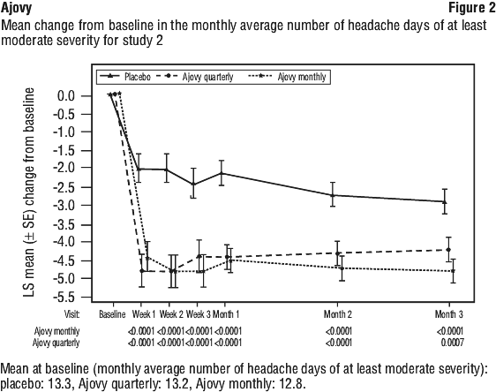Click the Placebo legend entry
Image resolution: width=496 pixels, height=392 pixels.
(x=125, y=77)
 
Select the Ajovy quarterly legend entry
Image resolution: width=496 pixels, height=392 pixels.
(x=195, y=77)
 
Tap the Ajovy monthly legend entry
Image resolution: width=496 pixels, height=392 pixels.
(x=287, y=77)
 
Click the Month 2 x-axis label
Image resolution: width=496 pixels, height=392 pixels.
(x=337, y=314)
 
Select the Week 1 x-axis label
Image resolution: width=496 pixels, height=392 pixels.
(x=144, y=314)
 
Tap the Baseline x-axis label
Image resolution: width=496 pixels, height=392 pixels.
(x=112, y=314)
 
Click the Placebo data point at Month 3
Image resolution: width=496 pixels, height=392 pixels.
(x=445, y=201)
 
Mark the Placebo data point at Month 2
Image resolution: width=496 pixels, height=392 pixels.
(x=333, y=195)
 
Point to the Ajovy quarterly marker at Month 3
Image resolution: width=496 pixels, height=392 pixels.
(x=448, y=250)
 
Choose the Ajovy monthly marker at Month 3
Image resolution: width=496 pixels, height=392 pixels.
(x=453, y=271)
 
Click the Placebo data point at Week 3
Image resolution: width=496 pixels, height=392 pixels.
(x=193, y=185)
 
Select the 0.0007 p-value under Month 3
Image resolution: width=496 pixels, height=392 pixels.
(x=453, y=343)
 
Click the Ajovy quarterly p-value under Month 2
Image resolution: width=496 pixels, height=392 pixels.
(x=339, y=343)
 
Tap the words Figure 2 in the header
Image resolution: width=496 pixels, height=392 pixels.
(x=472, y=8)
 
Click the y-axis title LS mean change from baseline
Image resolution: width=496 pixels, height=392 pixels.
(x=28, y=192)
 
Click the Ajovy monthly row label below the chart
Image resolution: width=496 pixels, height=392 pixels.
(x=57, y=331)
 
